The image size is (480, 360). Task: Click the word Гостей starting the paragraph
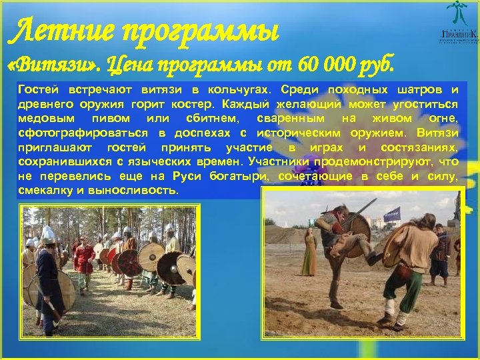pos(39,89)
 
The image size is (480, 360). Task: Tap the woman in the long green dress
pos(308,254)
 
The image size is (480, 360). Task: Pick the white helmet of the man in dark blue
pos(47,233)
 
